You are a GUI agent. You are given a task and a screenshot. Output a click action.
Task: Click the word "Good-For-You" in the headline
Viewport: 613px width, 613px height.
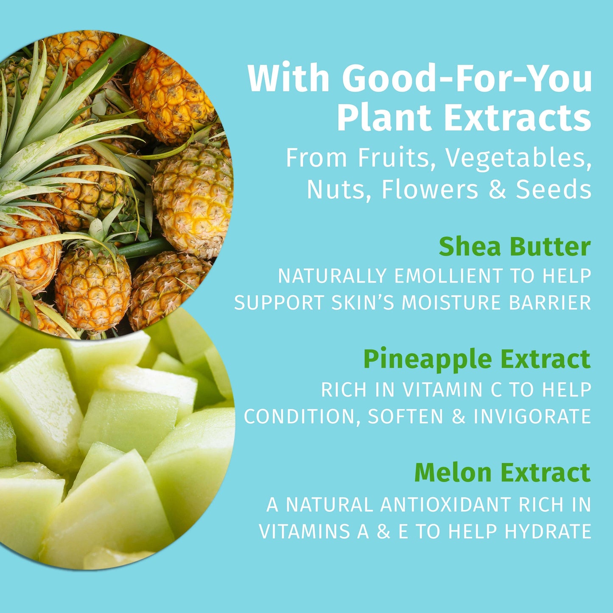tap(467, 78)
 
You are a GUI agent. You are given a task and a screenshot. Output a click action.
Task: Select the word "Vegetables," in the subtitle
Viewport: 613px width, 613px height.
tap(518, 158)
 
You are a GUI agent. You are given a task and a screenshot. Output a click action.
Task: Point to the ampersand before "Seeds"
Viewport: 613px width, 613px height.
tap(497, 189)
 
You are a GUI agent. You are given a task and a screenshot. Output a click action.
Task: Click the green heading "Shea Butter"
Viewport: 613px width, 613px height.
tap(515, 246)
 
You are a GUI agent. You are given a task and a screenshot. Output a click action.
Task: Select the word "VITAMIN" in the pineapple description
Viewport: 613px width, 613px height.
tap(442, 390)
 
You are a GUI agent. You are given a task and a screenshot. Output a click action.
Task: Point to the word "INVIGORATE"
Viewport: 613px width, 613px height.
tap(532, 416)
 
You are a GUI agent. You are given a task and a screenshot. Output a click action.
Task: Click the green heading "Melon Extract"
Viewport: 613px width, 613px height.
tap(502, 472)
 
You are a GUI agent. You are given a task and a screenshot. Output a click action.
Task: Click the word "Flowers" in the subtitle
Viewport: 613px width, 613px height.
tap(429, 189)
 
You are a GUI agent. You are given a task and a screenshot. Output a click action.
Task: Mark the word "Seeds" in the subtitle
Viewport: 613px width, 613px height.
tap(553, 189)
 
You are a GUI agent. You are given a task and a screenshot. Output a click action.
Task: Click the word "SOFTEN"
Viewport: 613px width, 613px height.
tap(406, 416)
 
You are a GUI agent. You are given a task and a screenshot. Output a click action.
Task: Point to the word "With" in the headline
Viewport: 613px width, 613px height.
tap(288, 78)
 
